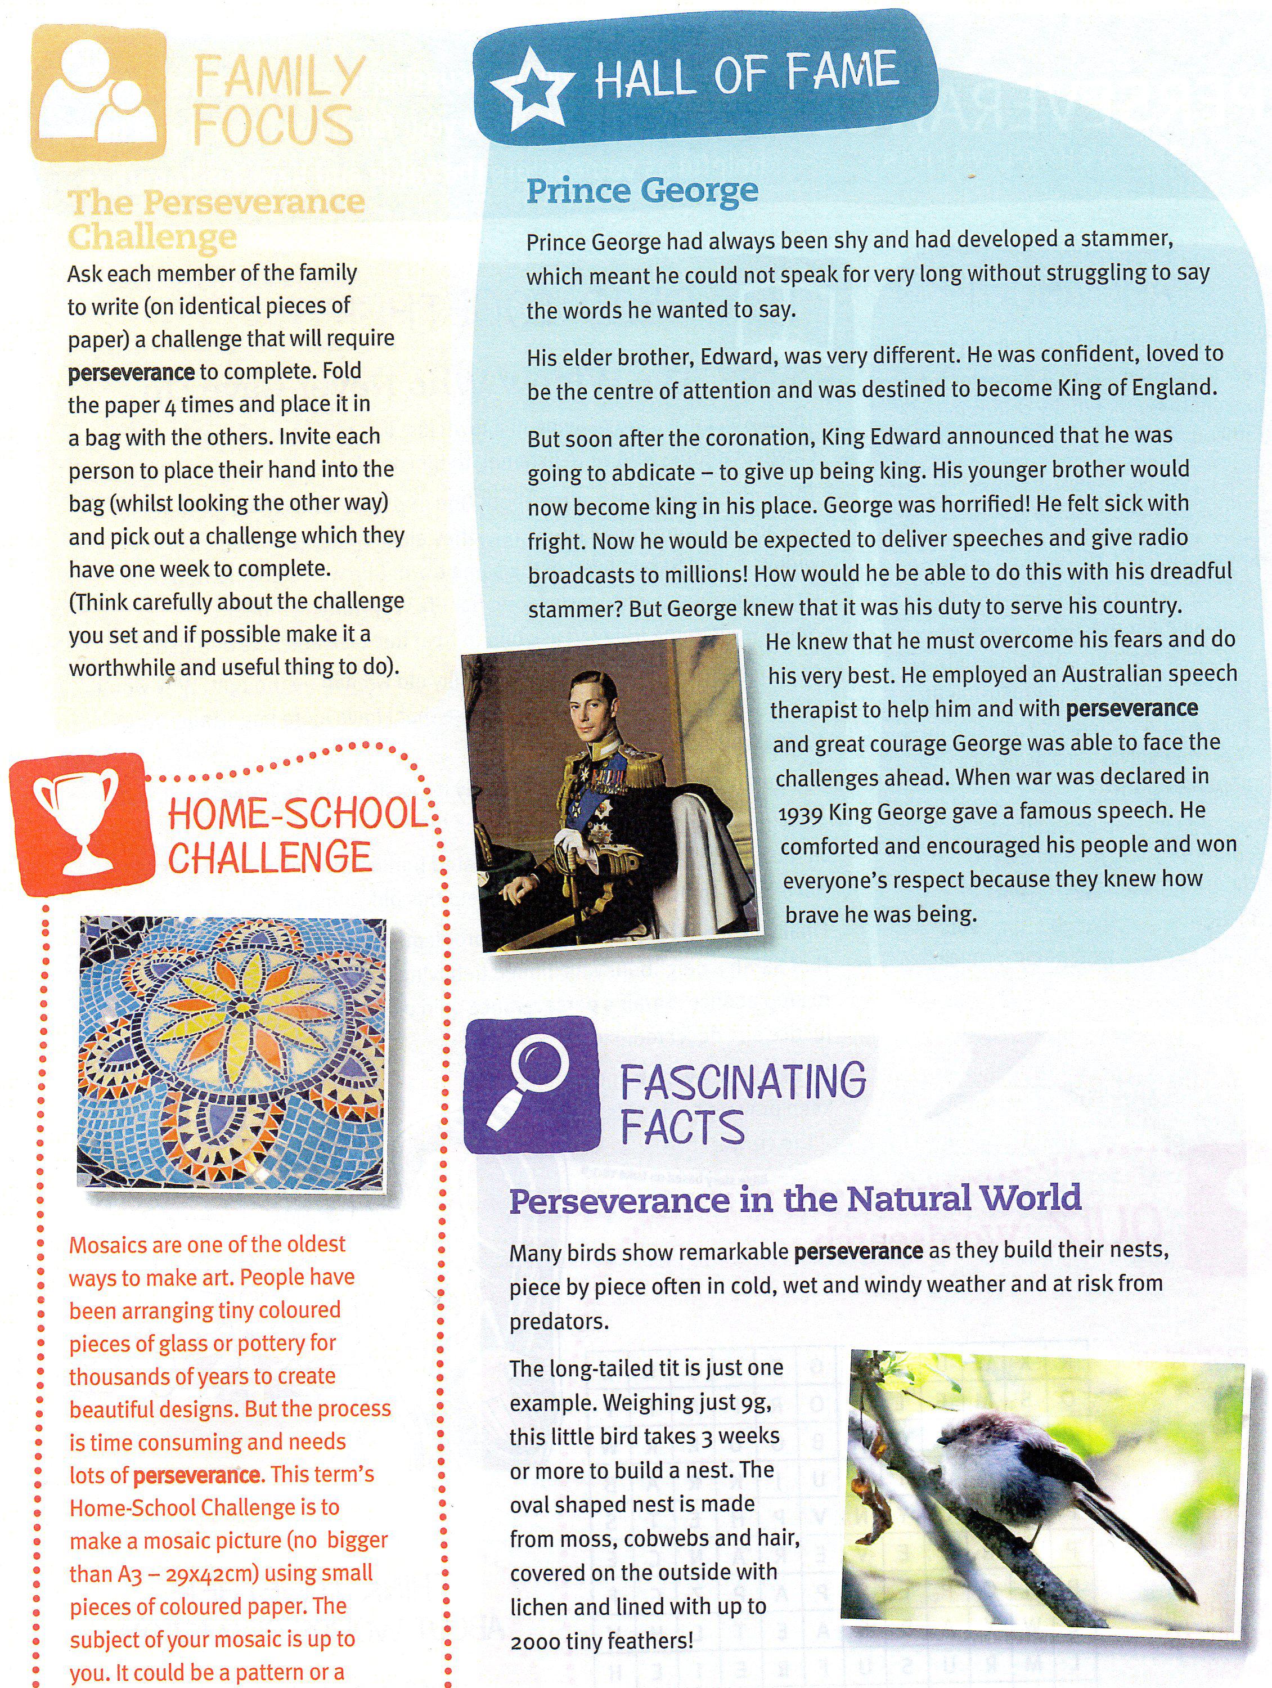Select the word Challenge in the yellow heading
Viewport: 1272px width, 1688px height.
pyautogui.click(x=152, y=236)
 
